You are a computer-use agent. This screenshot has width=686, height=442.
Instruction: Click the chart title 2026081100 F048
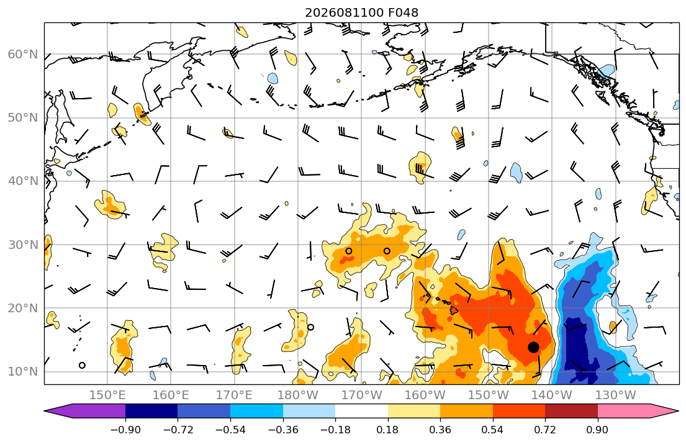pos(361,12)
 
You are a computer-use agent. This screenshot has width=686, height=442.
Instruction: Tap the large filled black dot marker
pos(533,347)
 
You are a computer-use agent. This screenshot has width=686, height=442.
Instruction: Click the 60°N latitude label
pos(23,54)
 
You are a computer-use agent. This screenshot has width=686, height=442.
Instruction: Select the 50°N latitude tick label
pos(23,118)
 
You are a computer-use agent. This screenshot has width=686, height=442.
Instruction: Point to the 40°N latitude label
pos(23,181)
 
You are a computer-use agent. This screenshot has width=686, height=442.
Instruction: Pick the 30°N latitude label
pos(23,245)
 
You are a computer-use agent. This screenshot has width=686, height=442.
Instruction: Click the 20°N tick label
pos(23,308)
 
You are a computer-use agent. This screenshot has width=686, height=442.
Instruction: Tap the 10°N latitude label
pos(23,372)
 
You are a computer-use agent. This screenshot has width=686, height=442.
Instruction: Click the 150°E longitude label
pos(107,395)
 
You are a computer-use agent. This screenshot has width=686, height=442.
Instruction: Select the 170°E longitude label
pos(235,395)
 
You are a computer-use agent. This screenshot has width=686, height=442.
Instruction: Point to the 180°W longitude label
pos(298,395)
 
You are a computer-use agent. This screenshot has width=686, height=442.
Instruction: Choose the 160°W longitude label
pos(425,395)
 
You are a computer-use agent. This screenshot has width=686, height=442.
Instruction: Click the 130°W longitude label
pos(616,395)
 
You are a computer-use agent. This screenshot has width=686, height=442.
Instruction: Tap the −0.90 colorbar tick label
pos(125,430)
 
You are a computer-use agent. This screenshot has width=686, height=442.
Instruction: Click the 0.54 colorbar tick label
pos(493,430)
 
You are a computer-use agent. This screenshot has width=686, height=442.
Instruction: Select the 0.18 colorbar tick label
pos(387,430)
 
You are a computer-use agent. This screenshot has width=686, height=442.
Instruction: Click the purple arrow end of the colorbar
pos(88,411)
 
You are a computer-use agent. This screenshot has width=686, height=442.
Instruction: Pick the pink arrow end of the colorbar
pos(634,411)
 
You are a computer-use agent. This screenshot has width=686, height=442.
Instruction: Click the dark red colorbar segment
pos(571,411)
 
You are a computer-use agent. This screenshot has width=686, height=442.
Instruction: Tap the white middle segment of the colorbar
pos(361,411)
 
